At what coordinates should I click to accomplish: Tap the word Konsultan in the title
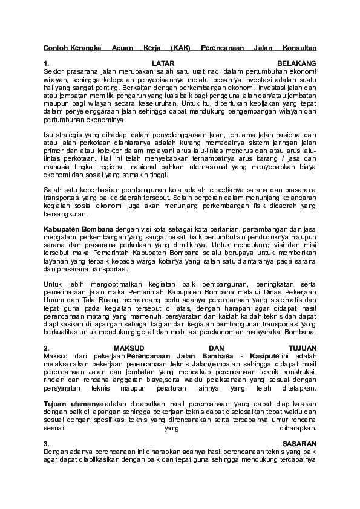pos(301,47)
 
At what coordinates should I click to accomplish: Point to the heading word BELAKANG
pos(297,63)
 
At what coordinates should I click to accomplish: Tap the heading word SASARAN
pos(299,443)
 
